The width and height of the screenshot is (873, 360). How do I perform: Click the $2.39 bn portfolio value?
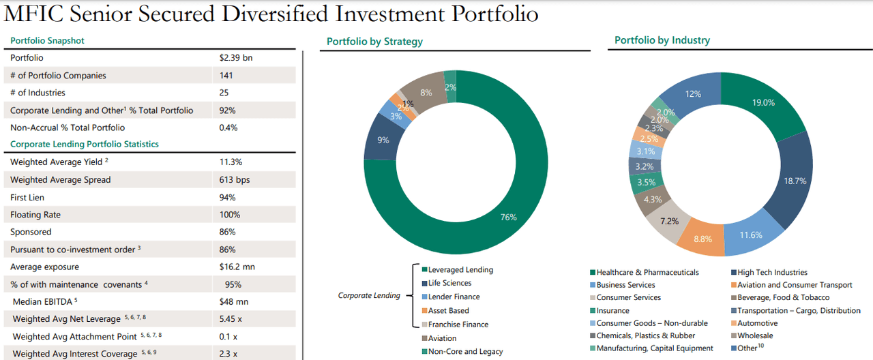236,58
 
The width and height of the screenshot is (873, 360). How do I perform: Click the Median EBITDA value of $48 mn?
234,301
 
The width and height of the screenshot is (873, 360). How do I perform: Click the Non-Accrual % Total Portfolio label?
68,127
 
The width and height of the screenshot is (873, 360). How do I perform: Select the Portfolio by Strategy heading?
374,42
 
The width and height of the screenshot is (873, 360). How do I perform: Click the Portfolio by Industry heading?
662,40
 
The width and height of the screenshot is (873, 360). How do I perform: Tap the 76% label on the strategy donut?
508,217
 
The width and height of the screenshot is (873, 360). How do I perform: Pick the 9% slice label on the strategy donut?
383,140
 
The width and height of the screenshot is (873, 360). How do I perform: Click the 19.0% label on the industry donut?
763,103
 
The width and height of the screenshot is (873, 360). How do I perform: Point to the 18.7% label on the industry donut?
795,181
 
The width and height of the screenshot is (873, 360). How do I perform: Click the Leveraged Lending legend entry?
460,270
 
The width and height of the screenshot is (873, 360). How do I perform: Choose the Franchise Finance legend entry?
458,325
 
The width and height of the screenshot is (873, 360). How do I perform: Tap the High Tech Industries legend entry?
772,273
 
